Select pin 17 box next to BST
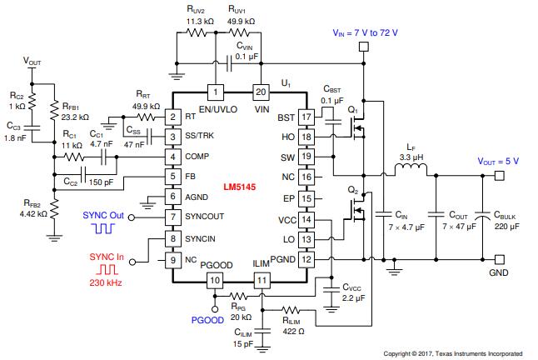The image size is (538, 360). (x=305, y=117)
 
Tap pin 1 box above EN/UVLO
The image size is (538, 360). (x=216, y=92)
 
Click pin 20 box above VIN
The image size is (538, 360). (x=259, y=92)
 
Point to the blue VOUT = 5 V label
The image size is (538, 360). (x=499, y=161)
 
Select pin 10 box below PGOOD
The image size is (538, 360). (x=216, y=282)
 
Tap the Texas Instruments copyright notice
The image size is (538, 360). (x=453, y=353)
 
